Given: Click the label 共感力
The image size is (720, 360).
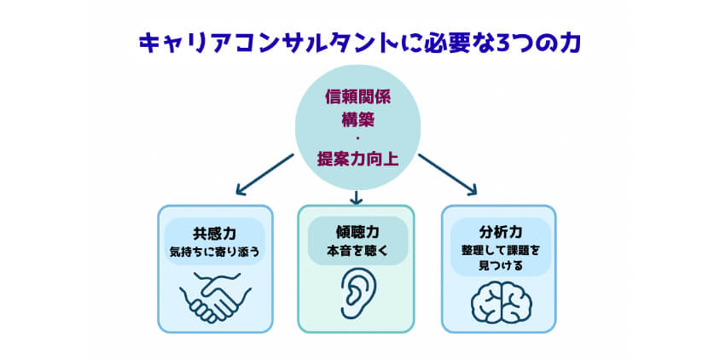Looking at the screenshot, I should click(214, 232).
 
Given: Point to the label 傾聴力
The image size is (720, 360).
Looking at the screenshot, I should click(357, 232).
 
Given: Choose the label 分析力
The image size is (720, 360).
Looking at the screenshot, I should click(499, 231).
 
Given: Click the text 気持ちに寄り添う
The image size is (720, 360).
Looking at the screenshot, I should click(214, 251).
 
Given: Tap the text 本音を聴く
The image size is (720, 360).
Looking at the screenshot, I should click(357, 251).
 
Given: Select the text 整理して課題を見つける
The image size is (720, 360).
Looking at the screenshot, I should click(499, 258).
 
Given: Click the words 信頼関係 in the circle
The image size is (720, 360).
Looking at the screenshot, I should click(357, 96).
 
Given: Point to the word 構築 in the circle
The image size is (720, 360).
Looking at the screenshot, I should click(357, 119).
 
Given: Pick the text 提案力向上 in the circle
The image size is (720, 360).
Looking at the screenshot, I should click(357, 158).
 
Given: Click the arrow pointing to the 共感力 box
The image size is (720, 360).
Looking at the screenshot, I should click(264, 174).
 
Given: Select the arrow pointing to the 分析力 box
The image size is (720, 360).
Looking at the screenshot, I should click(448, 174).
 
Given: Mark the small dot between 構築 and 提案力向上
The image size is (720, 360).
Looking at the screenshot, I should click(357, 138).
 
